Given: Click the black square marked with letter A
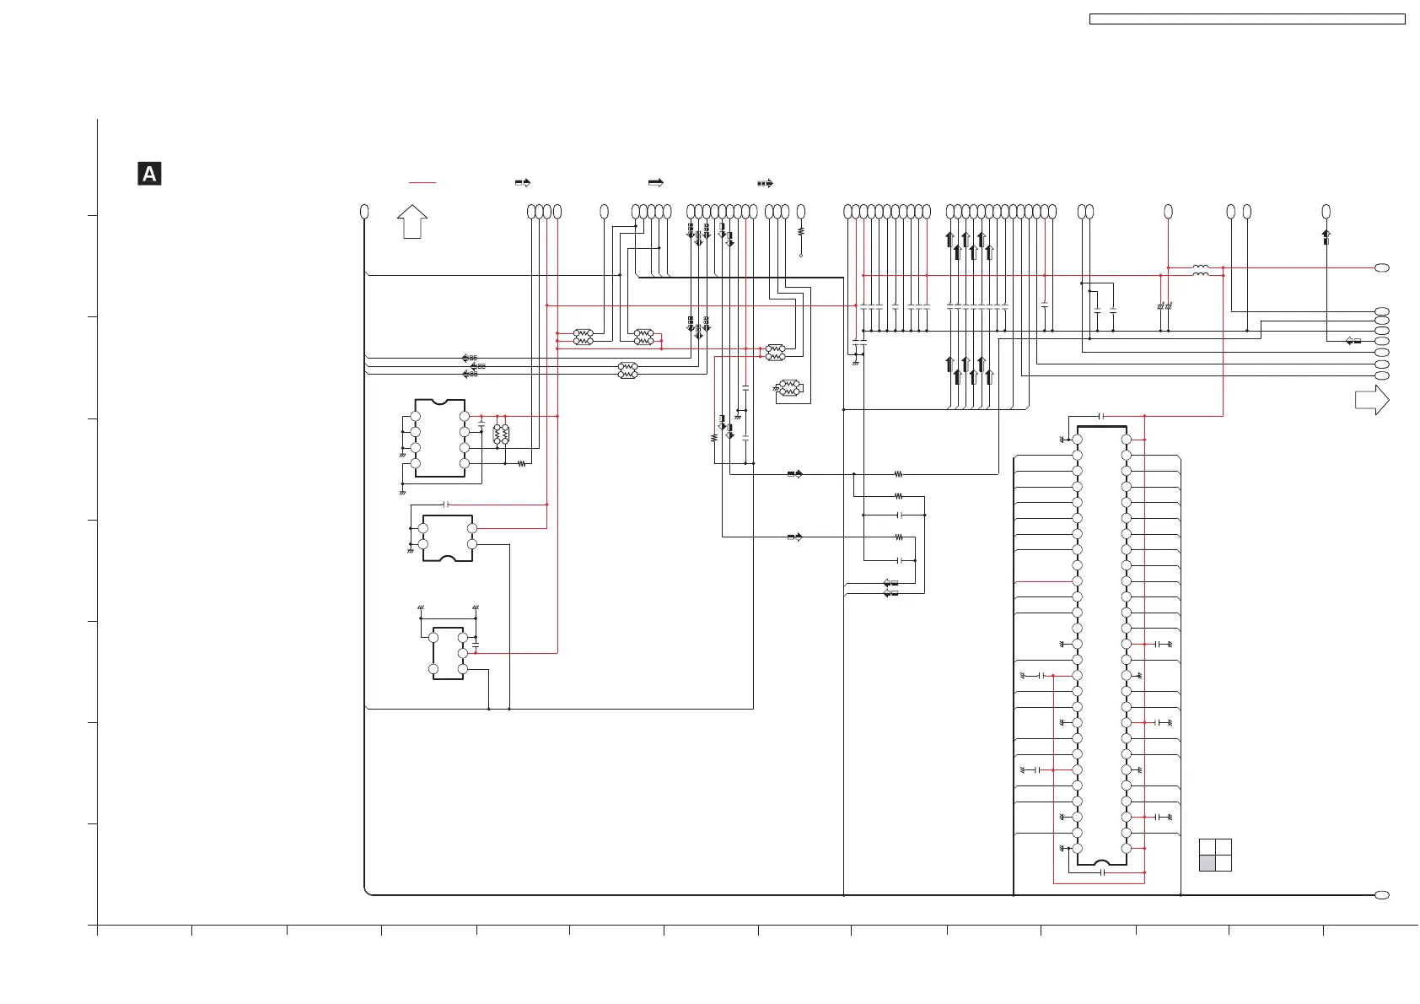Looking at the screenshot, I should (x=149, y=174).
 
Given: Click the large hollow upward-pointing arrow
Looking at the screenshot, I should (x=412, y=221).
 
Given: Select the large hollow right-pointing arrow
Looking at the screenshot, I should (x=1371, y=399).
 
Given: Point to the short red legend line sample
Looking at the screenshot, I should (x=422, y=182).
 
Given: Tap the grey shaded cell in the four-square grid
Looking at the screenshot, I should (x=1208, y=863).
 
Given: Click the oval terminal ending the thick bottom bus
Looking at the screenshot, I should (x=1381, y=895).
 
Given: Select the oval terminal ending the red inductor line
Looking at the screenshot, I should (x=1381, y=267).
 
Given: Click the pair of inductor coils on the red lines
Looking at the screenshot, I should (x=1201, y=271).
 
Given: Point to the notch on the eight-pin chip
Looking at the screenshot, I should (x=439, y=402).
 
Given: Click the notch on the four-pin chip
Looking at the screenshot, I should (x=448, y=558).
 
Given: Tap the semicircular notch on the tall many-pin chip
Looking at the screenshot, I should (x=1102, y=862).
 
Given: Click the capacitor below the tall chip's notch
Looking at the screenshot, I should (x=1102, y=872).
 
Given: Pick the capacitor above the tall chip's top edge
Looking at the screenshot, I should (x=1102, y=416).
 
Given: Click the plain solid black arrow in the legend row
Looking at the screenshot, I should (x=655, y=182).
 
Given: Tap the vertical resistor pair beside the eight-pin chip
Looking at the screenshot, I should (x=501, y=435).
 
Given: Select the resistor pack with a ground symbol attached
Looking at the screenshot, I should (x=789, y=388).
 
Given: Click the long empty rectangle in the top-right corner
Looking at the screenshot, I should (x=1247, y=19).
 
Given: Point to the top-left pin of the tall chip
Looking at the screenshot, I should (x=1078, y=440).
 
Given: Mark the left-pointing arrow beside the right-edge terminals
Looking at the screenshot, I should (x=1353, y=341).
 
